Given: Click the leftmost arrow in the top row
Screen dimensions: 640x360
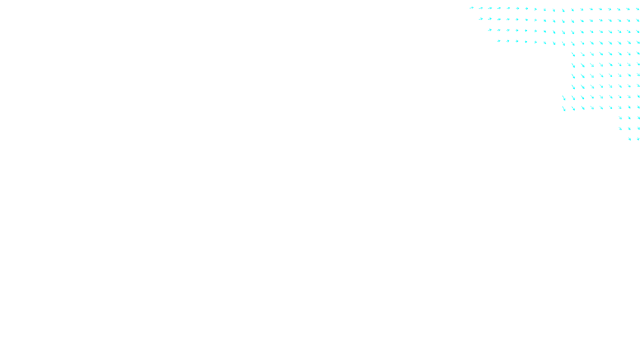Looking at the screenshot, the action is pos(472,8).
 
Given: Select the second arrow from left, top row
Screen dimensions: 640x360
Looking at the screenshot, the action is pos(481,8).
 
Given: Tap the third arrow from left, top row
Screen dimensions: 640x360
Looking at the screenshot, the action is pos(490,8).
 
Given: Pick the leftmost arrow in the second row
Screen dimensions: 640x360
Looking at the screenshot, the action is pos(481,19).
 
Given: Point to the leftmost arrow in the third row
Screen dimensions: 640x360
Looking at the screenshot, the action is pos(490,30).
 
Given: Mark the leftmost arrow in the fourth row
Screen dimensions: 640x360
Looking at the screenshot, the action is pos(499,41).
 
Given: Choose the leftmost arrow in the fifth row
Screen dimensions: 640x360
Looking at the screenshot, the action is pos(573,54).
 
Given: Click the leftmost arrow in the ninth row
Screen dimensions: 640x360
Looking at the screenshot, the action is pos(564,98).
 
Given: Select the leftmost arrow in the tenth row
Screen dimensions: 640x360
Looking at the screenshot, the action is pos(564,108).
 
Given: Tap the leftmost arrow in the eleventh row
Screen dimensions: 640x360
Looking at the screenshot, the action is pos(620,118).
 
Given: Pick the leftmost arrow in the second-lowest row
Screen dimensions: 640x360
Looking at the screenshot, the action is pos(620,128).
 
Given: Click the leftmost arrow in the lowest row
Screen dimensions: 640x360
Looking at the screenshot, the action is pos(630,139).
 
